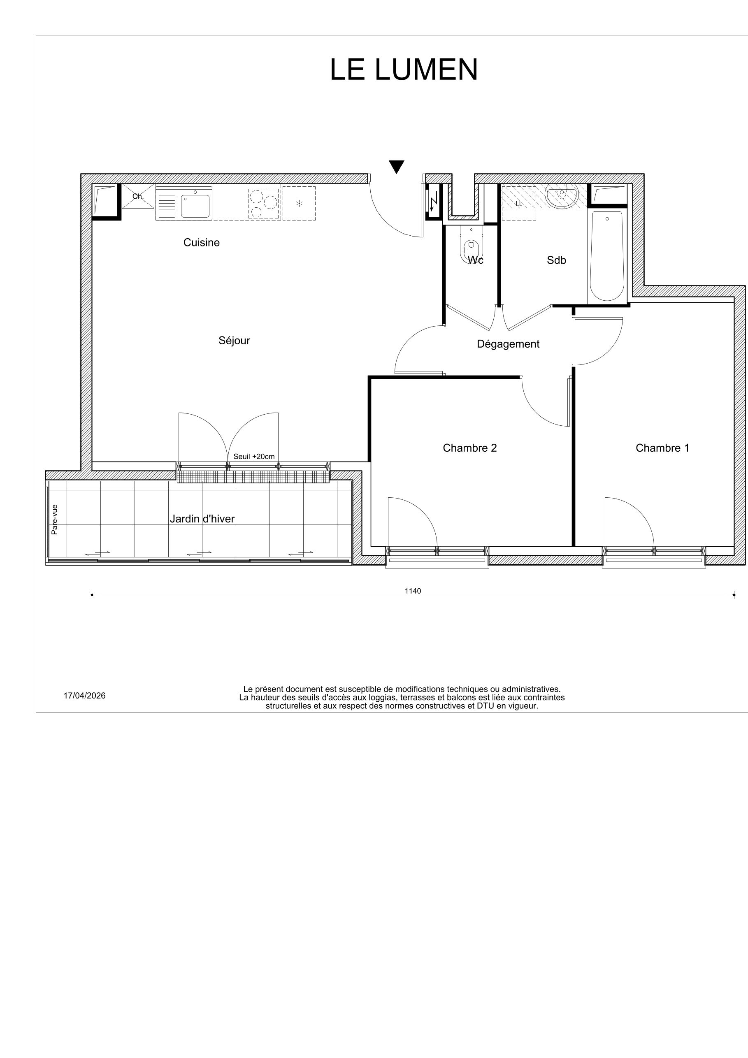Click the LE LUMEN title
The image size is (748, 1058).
coord(404,70)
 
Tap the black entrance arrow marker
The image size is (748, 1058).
coord(396,166)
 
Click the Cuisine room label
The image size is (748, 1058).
coord(202,242)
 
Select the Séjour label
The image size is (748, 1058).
coord(234,341)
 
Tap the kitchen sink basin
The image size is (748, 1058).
coord(195,206)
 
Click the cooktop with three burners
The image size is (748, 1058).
coord(264,203)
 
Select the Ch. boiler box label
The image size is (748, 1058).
coord(137,196)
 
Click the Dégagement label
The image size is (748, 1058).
coord(508,344)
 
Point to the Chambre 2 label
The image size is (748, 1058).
coord(469,448)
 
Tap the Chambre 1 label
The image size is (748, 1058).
coord(662,448)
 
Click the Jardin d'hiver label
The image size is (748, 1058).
coord(202,519)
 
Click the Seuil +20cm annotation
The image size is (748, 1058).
coord(254,457)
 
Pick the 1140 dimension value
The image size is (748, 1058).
coord(413,591)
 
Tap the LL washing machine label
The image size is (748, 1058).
coord(519,203)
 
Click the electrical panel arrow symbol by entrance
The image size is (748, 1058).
coord(433,202)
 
